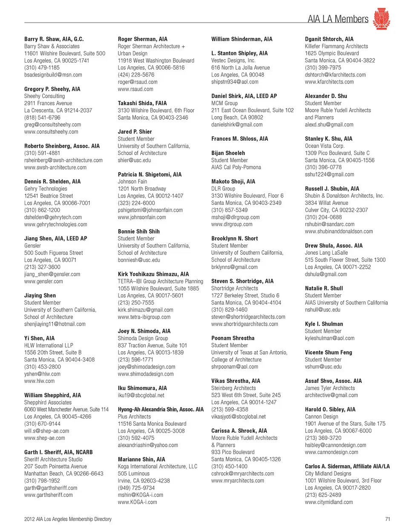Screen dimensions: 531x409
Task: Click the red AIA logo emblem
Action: coord(381,19)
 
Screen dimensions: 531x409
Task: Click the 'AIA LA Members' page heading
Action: coord(338,19)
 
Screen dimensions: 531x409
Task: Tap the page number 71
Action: coord(387,519)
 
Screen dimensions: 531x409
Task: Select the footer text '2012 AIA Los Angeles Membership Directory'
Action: coord(68,519)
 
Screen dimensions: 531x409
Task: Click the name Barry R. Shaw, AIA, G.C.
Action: coord(54,39)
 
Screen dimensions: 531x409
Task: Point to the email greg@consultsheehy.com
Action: coord(52,125)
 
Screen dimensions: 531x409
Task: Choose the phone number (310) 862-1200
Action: coord(42,210)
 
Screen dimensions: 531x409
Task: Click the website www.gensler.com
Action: coord(43,281)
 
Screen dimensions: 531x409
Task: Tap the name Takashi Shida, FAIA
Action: coord(142,103)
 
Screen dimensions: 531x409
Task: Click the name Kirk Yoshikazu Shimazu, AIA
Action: coord(153,274)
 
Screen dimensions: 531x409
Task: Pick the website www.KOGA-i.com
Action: coord(137,502)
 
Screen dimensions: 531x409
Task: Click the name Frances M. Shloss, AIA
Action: coord(239,139)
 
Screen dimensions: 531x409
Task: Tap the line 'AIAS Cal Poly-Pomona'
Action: coord(236,167)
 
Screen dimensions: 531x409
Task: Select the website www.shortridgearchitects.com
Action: coord(245,324)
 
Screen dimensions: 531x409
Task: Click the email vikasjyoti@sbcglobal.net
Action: coord(238,416)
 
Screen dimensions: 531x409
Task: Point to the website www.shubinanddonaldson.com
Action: coord(339,232)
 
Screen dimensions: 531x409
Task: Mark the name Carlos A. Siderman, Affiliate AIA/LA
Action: coord(347,466)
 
